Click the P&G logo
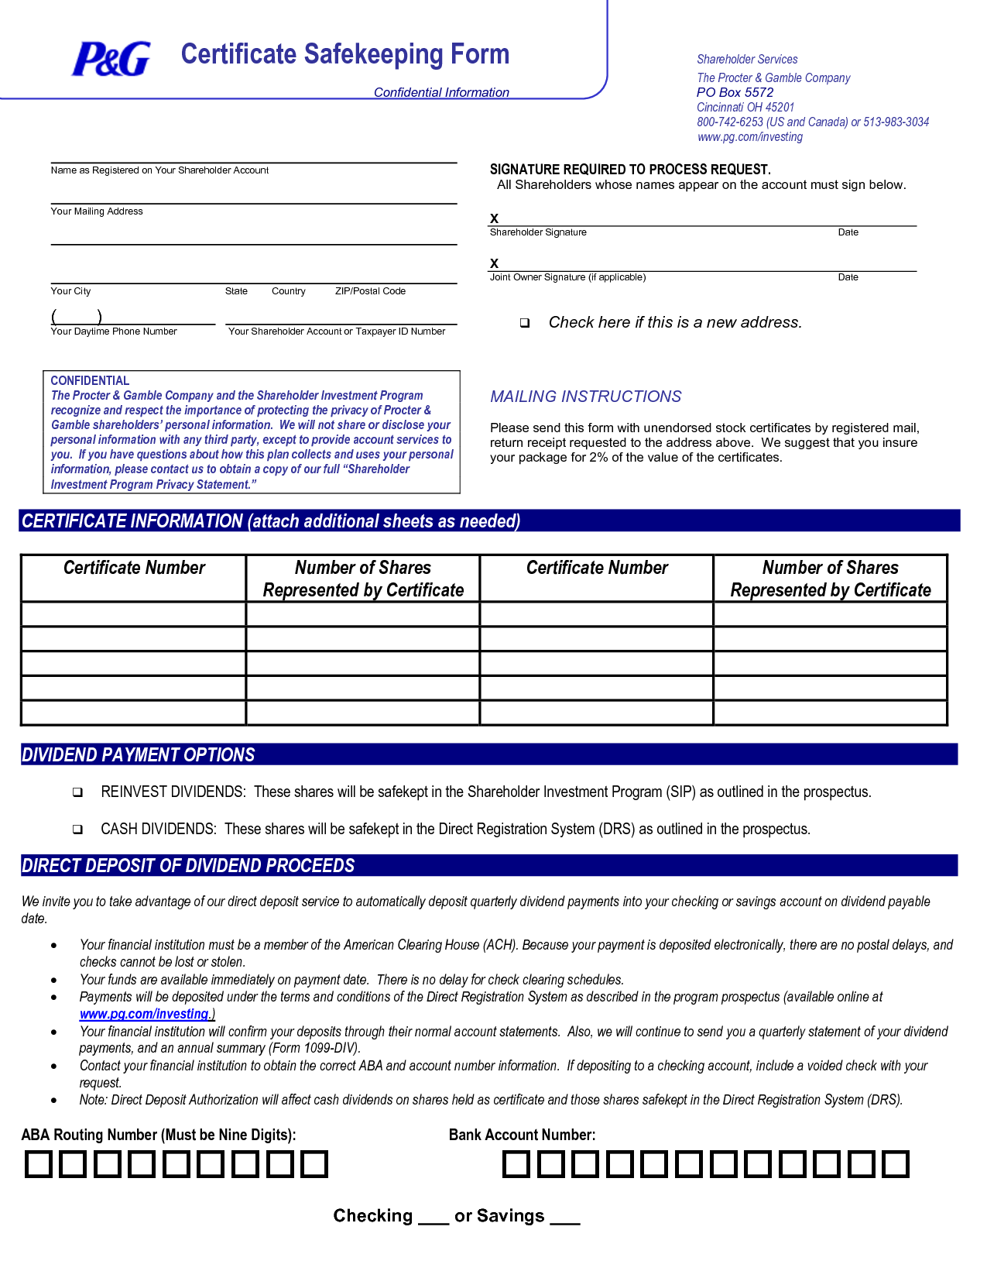pos(111,59)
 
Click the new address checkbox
pos(525,323)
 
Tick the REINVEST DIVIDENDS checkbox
pos(77,792)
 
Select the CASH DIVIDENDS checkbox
pos(77,830)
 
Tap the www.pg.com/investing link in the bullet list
pos(145,1014)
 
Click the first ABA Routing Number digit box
pos(38,1164)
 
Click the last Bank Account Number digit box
pos(896,1164)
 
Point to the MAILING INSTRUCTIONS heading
pos(585,397)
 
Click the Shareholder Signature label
pos(538,232)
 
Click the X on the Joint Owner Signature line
pos(495,263)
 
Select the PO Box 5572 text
pos(735,92)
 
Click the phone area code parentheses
pos(76,316)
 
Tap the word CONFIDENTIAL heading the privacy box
pos(90,381)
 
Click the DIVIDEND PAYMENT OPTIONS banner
pos(139,755)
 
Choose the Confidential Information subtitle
pos(441,92)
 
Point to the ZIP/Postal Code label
pos(370,291)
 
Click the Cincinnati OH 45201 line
pos(745,107)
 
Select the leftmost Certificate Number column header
pos(134,568)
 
